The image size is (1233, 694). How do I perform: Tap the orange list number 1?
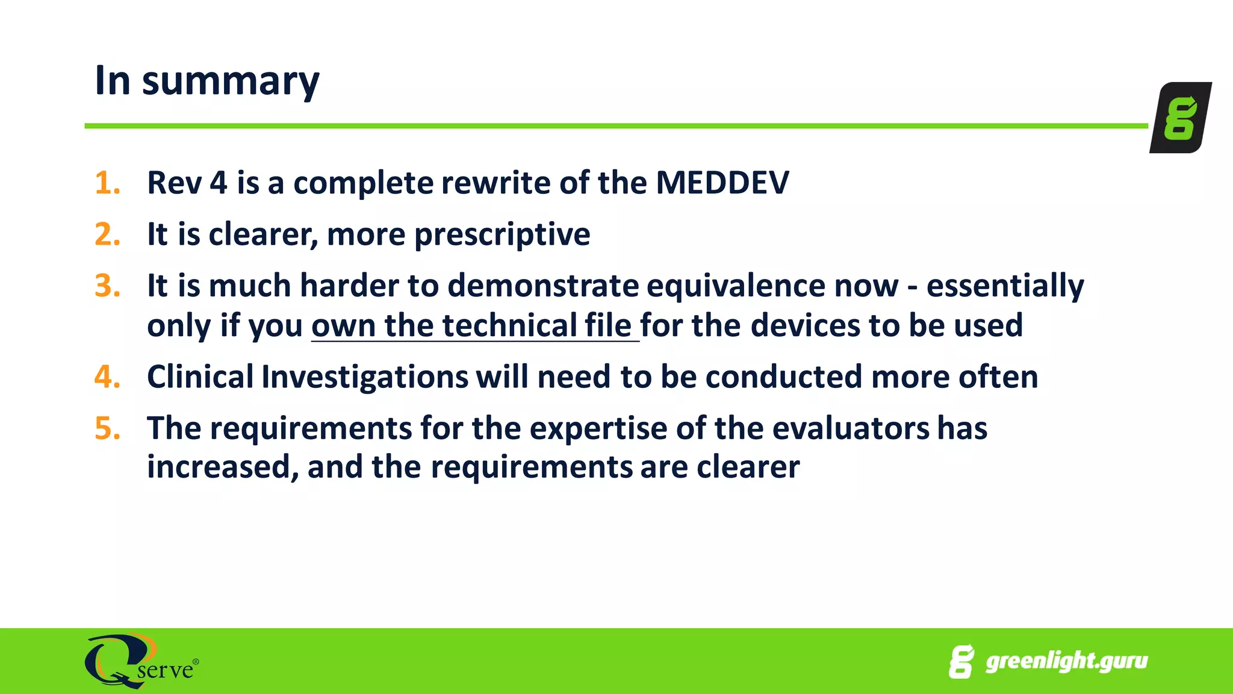107,183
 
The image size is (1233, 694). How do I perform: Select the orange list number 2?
107,234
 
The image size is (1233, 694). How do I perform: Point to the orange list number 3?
107,286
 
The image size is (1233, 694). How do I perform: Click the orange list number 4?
107,377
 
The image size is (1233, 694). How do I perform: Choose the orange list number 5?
107,428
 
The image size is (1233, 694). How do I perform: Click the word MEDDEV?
722,183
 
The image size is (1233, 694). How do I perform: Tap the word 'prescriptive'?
502,235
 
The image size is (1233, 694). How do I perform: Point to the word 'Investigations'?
365,378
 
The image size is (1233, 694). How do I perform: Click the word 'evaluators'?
850,429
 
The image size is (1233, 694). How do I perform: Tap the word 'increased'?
222,467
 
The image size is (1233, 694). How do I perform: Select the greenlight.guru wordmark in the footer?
1066,661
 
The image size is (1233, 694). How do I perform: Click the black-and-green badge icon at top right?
1179,117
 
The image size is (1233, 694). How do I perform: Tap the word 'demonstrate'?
542,286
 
